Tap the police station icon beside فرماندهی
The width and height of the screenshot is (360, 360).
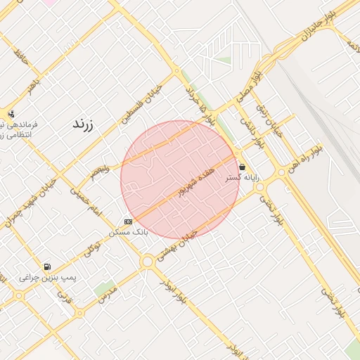(x=11, y=114)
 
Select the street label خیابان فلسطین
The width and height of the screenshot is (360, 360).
(x=145, y=103)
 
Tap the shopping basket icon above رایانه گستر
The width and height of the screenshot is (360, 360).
(x=243, y=167)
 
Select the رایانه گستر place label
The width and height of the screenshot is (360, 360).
(x=242, y=179)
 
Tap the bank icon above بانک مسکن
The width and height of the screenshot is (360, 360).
(x=128, y=221)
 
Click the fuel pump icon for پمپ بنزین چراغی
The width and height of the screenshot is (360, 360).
(x=46, y=266)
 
